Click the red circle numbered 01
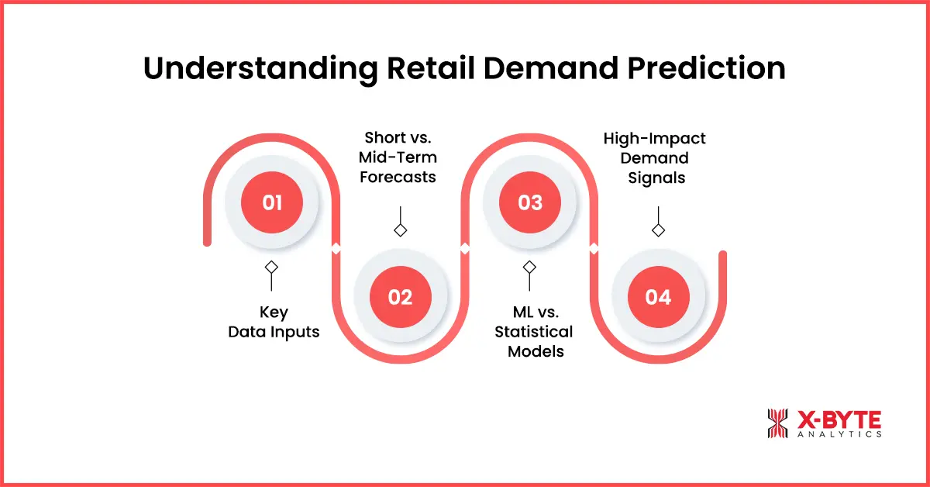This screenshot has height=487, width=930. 271,203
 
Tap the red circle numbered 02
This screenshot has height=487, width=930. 400,297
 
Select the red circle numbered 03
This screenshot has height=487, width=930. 529,203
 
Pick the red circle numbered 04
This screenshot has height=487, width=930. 658,297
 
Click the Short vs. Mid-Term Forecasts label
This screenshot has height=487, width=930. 399,157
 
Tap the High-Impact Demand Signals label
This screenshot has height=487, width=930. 657,157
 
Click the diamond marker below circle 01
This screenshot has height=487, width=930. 271,267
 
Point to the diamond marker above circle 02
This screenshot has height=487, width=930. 400,230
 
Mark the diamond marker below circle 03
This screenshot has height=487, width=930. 529,267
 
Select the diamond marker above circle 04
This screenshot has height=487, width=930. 658,230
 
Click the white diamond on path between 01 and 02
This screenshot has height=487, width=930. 336,249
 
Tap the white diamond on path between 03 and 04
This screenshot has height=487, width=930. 594,249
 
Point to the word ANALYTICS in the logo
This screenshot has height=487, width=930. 839,435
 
